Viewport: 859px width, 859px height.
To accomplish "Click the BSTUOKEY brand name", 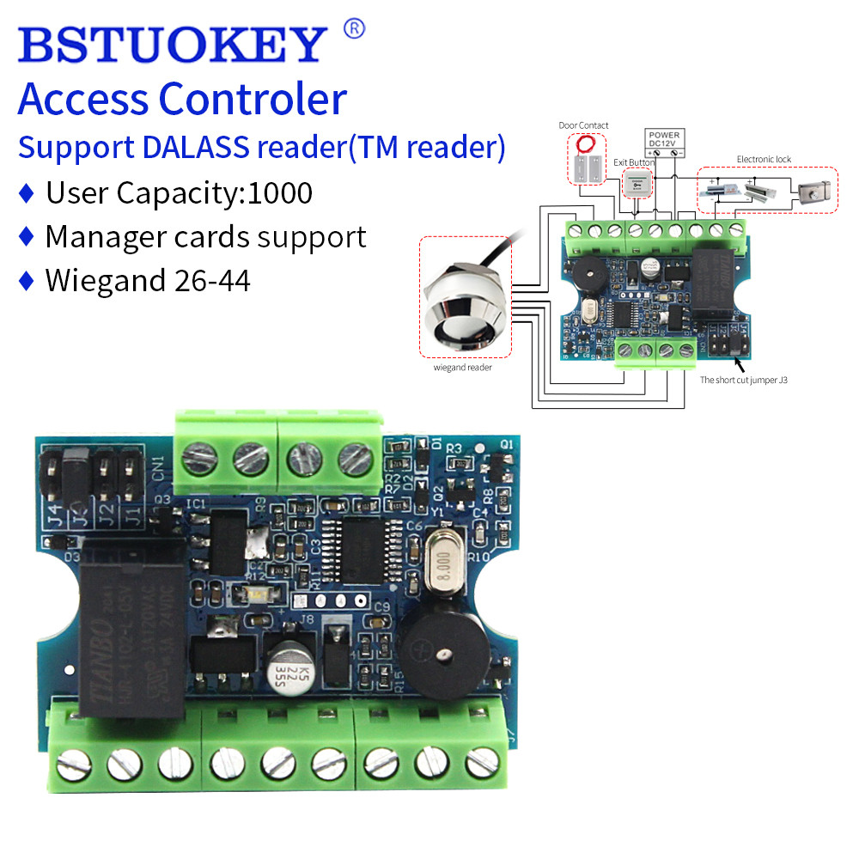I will [172, 43].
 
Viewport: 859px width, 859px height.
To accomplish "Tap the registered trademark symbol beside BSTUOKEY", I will [353, 29].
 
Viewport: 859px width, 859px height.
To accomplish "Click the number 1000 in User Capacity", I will [280, 192].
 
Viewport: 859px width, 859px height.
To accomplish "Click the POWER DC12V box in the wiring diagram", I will [664, 141].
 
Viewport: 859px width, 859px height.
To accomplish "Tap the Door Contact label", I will [583, 125].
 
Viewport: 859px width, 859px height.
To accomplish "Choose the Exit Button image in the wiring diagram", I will [637, 182].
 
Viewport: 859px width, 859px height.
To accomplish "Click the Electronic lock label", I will [764, 159].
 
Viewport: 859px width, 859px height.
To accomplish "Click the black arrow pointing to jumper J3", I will [736, 362].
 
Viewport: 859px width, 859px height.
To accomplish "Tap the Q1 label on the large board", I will [506, 445].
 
